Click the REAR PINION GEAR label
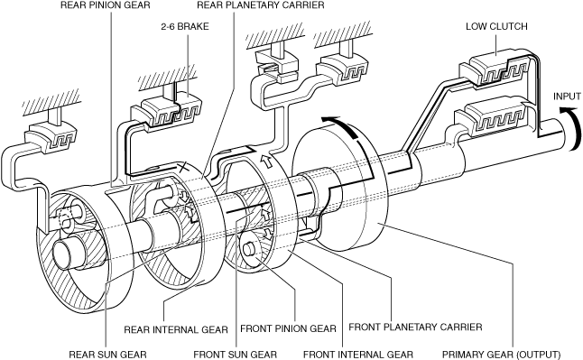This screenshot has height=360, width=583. click(x=106, y=5)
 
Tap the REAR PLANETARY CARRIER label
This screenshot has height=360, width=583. click(x=261, y=5)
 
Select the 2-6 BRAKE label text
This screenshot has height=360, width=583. click(x=185, y=26)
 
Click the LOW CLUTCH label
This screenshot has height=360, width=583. click(x=496, y=26)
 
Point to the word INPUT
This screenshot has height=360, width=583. click(x=567, y=97)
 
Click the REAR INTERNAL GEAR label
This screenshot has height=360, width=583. click(x=176, y=330)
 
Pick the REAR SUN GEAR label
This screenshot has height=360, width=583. click(x=107, y=355)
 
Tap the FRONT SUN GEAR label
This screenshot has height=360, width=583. click(x=236, y=355)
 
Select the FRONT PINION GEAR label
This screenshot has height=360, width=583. click(x=288, y=328)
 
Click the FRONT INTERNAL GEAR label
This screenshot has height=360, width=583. click(x=358, y=355)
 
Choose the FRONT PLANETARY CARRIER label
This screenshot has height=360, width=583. click(x=415, y=328)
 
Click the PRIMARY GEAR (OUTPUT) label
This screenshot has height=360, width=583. click(x=501, y=355)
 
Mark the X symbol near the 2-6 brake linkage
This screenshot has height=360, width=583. click(x=183, y=167)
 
